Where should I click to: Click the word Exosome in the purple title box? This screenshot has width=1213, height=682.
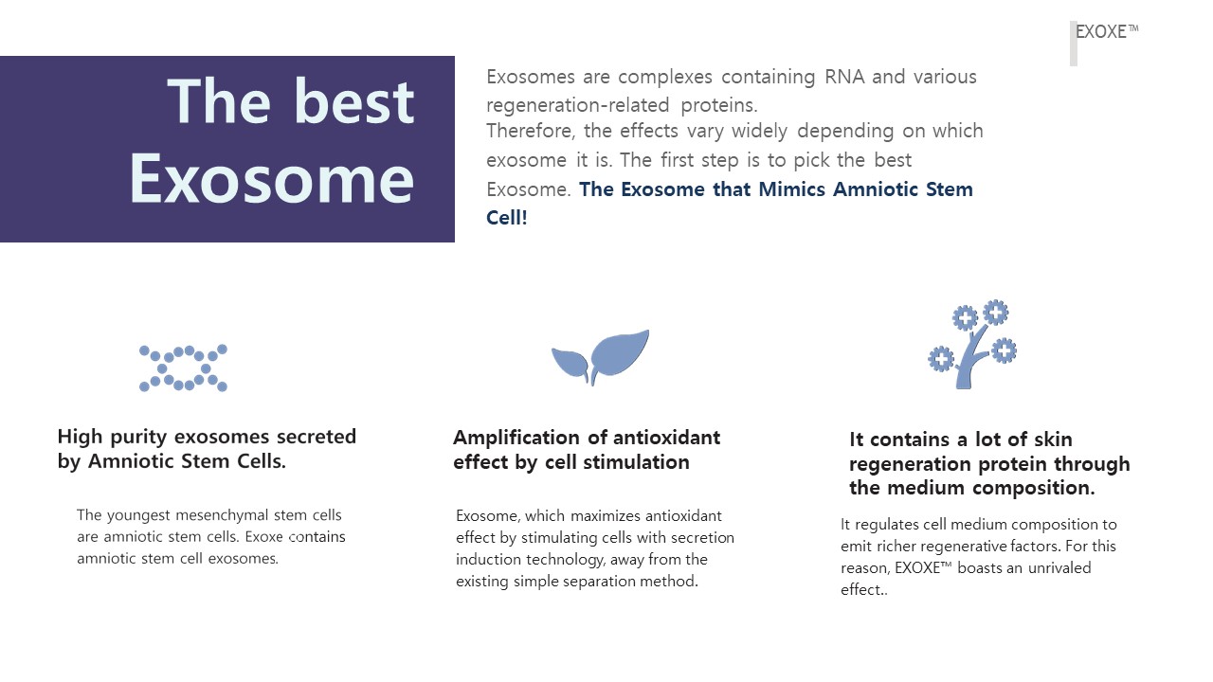(x=272, y=177)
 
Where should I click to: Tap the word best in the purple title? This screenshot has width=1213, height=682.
(x=353, y=100)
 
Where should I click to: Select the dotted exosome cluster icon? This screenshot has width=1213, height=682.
(x=184, y=368)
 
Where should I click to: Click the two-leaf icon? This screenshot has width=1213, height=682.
(x=600, y=356)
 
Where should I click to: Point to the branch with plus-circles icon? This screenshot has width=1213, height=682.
(x=972, y=345)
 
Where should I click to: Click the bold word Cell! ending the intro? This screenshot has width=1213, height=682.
(x=507, y=217)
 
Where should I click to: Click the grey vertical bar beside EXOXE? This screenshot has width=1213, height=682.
(x=1074, y=44)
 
